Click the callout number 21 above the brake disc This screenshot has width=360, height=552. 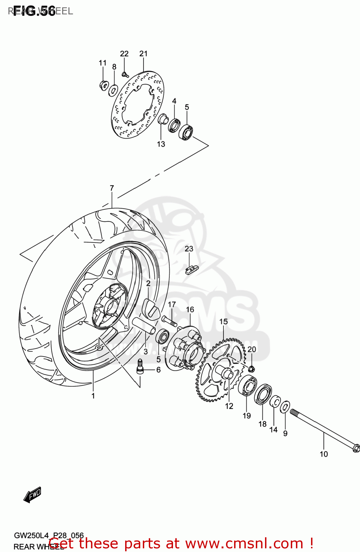(143, 54)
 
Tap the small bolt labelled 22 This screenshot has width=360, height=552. (125, 74)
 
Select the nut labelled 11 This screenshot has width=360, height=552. (103, 85)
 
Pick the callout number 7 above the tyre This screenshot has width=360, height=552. (112, 188)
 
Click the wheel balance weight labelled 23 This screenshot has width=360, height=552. (191, 270)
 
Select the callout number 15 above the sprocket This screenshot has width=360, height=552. (223, 322)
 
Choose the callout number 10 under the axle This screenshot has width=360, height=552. (324, 454)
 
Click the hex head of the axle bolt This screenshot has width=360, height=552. (356, 448)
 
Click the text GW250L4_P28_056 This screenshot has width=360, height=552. (49, 535)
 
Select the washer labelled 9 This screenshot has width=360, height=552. (285, 407)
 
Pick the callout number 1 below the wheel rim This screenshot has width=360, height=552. (93, 396)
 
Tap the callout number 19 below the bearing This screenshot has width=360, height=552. (247, 415)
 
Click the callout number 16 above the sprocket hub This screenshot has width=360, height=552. (190, 309)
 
